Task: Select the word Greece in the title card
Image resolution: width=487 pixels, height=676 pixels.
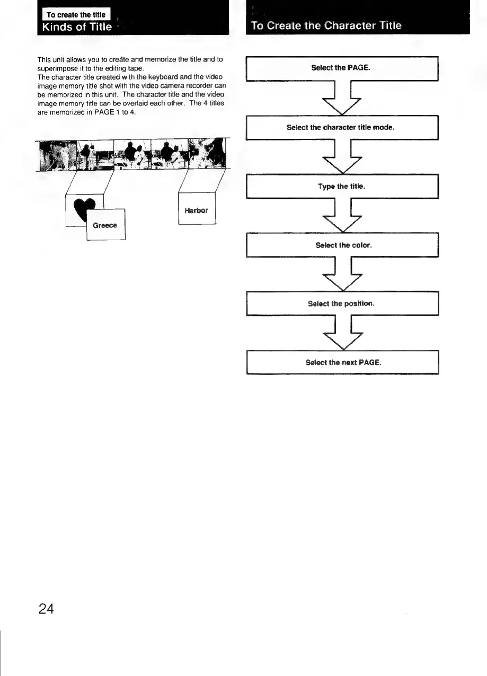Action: pyautogui.click(x=104, y=225)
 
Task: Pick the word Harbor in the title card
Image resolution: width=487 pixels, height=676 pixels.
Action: pyautogui.click(x=196, y=210)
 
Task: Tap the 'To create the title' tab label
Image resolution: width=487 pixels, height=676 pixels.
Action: pyautogui.click(x=76, y=15)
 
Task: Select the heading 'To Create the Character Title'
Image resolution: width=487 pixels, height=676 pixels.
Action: pyautogui.click(x=326, y=25)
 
